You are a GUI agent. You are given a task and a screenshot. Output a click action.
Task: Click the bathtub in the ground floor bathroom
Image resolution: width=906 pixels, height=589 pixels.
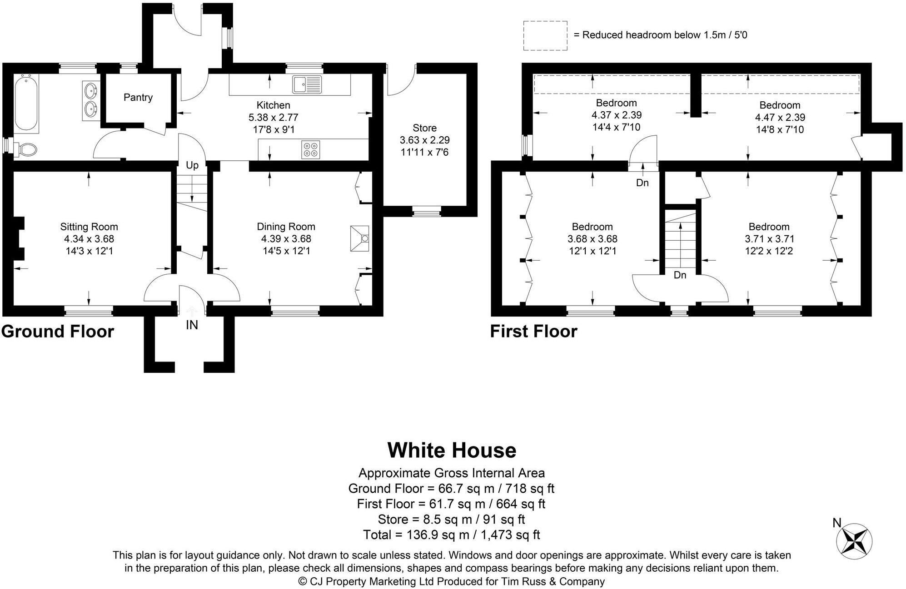pyautogui.click(x=26, y=104)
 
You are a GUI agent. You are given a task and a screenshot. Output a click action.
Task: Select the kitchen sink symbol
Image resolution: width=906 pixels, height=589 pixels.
pyautogui.click(x=307, y=84)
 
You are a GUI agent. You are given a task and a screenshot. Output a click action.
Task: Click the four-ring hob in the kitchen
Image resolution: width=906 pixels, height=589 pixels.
pyautogui.click(x=311, y=150)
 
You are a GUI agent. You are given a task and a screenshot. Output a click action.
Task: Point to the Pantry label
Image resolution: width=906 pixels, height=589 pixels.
pyautogui.click(x=138, y=97)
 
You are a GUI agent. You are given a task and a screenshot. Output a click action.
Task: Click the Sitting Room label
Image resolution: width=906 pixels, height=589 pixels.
pyautogui.click(x=89, y=227)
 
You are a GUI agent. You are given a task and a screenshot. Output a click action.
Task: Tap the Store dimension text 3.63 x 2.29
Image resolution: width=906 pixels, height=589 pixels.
pyautogui.click(x=424, y=140)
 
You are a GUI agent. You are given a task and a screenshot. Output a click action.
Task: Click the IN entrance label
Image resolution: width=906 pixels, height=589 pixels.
pyautogui.click(x=192, y=325)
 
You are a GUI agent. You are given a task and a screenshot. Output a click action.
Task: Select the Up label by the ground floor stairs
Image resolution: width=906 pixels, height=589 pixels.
pyautogui.click(x=192, y=165)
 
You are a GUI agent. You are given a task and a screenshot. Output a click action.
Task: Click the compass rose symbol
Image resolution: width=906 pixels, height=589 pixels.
pyautogui.click(x=854, y=541)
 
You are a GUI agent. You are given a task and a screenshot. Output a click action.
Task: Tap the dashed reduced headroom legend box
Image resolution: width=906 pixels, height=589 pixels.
pyautogui.click(x=545, y=35)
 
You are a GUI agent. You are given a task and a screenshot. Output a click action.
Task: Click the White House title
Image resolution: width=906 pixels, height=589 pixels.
pyautogui.click(x=452, y=450)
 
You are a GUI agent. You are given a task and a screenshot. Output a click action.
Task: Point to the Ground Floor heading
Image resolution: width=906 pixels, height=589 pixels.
pyautogui.click(x=58, y=332)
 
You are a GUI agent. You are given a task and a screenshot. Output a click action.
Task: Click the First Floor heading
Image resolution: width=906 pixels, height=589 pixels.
pyautogui.click(x=533, y=332)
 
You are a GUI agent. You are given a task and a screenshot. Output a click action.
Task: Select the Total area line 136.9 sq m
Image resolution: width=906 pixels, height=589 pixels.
pyautogui.click(x=451, y=535)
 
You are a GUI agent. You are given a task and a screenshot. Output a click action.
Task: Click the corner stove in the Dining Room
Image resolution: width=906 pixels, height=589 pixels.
pyautogui.click(x=360, y=238)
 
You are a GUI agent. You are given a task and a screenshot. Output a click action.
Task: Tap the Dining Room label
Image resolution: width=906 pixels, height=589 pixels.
pyautogui.click(x=286, y=227)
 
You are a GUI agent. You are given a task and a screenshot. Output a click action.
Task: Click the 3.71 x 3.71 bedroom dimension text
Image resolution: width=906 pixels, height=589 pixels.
pyautogui.click(x=769, y=239)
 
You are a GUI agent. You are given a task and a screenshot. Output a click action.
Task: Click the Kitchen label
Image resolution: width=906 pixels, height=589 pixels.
pyautogui.click(x=273, y=105)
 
